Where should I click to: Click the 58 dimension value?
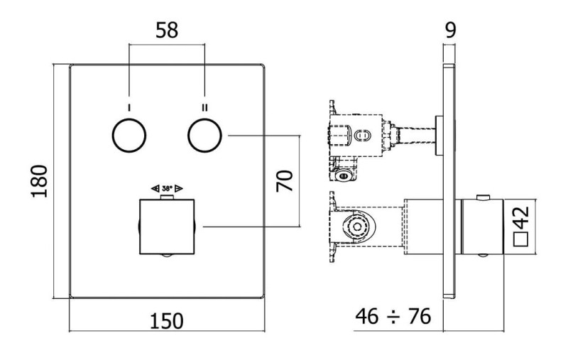point(167,31)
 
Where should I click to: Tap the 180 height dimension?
point(40,181)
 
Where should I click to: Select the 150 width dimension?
point(167,321)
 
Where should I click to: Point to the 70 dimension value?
point(285,181)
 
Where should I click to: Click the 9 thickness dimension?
point(450,31)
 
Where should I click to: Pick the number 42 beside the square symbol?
point(521,218)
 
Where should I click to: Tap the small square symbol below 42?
point(521,239)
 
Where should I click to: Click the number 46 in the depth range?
point(367,316)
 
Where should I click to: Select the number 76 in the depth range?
point(420,316)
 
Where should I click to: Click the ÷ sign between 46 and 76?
point(393,317)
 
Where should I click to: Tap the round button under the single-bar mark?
point(129,136)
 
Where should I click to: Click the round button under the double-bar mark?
point(204,136)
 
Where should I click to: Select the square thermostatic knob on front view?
point(167,227)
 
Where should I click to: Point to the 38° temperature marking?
point(167,188)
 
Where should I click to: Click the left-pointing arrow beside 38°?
point(155,188)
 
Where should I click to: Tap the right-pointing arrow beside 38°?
point(179,188)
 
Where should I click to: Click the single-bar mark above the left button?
point(129,107)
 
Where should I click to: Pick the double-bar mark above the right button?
point(204,107)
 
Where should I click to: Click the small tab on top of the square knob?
point(167,197)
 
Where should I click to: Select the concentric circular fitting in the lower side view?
point(358,227)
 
